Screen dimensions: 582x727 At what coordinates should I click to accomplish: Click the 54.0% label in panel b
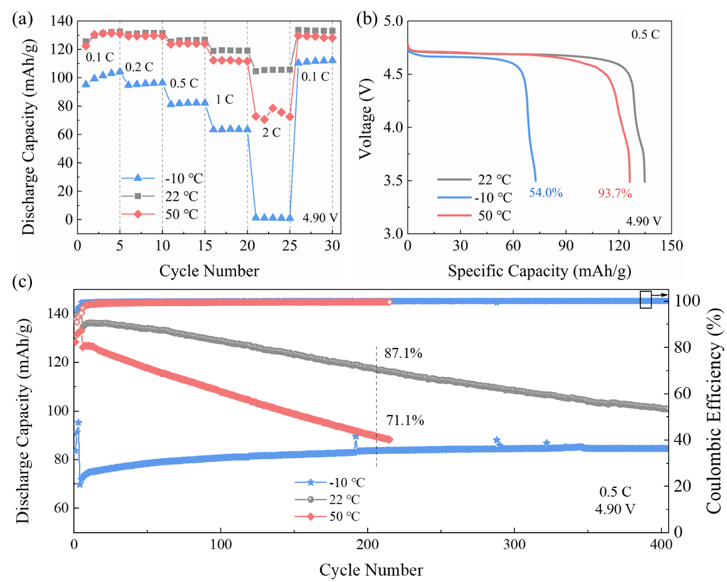tap(546, 193)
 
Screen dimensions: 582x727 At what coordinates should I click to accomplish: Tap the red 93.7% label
tap(615, 193)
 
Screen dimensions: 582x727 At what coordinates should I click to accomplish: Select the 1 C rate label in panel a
tap(224, 100)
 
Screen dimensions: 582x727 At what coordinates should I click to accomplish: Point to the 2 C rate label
tap(271, 133)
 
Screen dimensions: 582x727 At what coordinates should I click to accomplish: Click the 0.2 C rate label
tap(139, 67)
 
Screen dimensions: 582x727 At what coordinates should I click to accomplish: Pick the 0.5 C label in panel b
tap(645, 35)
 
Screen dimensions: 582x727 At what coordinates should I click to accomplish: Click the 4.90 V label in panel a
tap(320, 218)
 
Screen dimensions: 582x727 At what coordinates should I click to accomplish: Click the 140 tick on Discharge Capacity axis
tap(62, 21)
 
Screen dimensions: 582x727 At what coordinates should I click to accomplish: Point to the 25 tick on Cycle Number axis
tap(289, 245)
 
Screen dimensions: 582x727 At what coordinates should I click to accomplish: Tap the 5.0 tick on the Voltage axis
tap(393, 21)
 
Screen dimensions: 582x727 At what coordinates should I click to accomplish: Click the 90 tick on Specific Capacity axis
tap(566, 245)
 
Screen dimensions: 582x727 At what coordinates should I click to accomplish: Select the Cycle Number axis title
tap(209, 271)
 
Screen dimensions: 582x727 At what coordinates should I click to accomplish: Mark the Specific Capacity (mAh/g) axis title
tap(539, 271)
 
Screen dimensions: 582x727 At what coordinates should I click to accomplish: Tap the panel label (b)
tap(367, 19)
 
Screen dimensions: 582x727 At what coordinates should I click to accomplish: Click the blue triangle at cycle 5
tap(120, 72)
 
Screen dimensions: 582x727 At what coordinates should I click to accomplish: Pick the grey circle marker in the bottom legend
tap(311, 499)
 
